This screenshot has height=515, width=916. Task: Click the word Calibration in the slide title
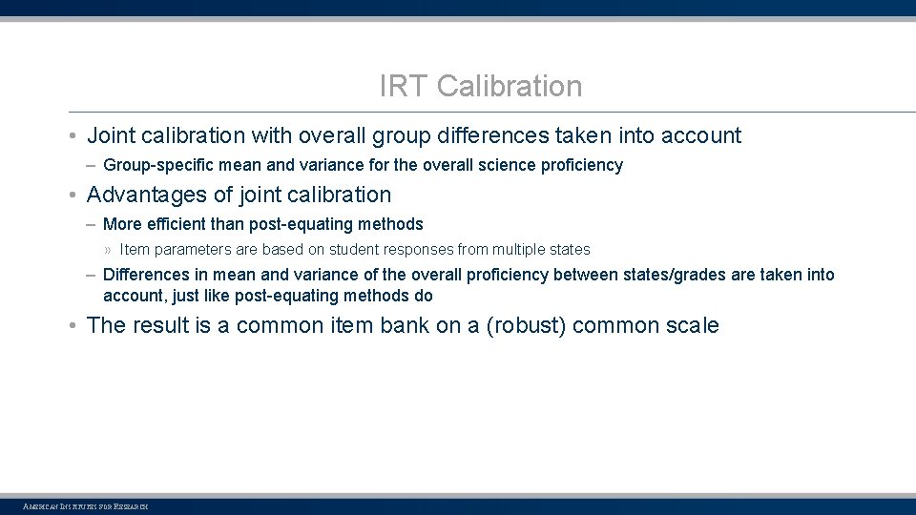pyautogui.click(x=510, y=87)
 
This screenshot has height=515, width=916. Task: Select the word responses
pyautogui.click(x=416, y=250)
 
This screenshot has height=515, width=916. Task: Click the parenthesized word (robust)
pyautogui.click(x=526, y=325)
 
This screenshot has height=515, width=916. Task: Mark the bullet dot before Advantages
pyautogui.click(x=73, y=196)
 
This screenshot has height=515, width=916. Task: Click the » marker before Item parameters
pyautogui.click(x=108, y=250)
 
